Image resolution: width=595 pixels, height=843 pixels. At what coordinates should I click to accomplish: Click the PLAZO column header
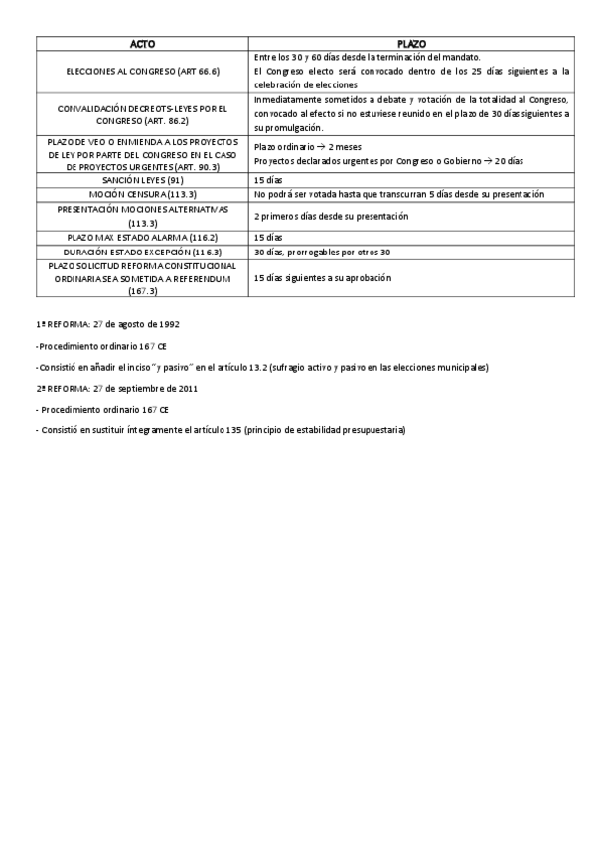411,45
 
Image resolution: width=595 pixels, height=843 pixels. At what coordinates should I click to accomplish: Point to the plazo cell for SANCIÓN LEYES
269,180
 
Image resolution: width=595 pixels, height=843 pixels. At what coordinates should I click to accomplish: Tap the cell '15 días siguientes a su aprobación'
323,279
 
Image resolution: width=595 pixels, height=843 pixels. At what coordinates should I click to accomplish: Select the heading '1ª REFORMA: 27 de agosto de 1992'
107,325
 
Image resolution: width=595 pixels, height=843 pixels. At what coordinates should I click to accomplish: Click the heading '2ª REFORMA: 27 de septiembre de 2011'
115,388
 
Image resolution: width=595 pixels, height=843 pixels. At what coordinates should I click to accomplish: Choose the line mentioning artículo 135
221,429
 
